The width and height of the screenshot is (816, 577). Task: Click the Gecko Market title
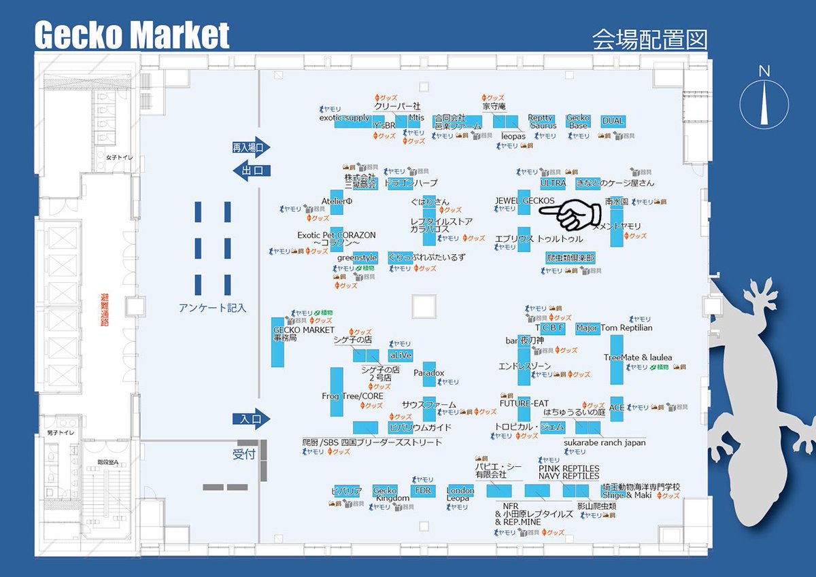(x=132, y=35)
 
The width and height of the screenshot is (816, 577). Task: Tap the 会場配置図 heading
(x=649, y=39)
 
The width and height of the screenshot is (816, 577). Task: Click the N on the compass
(x=764, y=71)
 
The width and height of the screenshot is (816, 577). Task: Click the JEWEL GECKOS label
(x=524, y=200)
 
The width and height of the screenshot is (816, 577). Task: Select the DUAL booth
(x=613, y=121)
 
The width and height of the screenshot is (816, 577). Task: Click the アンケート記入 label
(x=212, y=308)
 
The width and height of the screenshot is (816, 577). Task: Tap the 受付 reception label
(x=243, y=454)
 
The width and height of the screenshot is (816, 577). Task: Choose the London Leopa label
(x=460, y=494)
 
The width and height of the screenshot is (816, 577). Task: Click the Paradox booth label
(x=428, y=373)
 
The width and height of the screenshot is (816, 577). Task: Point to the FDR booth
(x=421, y=490)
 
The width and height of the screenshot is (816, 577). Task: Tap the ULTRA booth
(x=553, y=183)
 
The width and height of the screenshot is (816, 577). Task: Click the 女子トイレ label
(x=120, y=158)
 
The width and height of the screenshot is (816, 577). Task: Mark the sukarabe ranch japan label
(x=605, y=442)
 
